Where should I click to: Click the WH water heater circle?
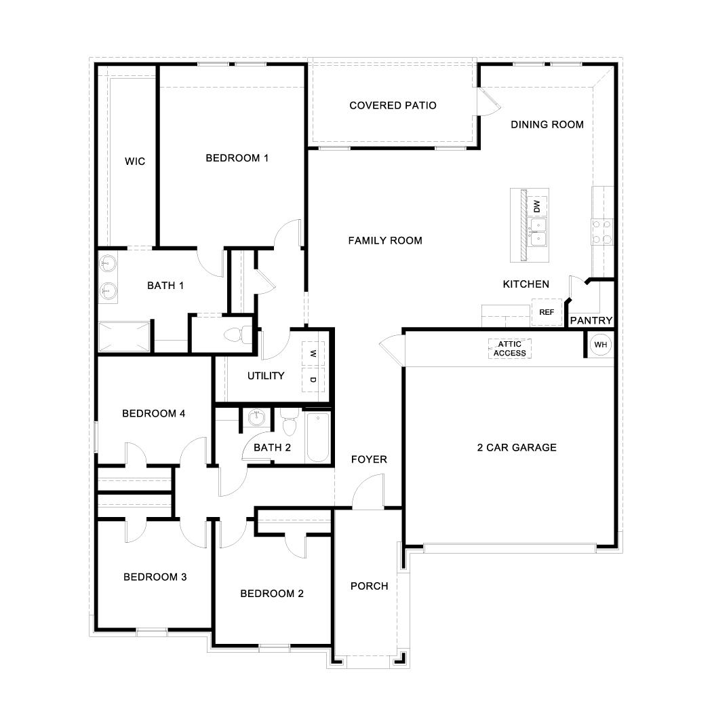[x=600, y=345]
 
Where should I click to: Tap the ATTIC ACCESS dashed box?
[x=509, y=349]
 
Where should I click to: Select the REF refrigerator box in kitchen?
[x=547, y=312]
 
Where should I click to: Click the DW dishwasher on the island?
[x=537, y=205]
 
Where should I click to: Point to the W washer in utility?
[x=313, y=354]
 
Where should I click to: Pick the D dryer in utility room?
[x=313, y=379]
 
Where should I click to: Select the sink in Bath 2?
[x=256, y=419]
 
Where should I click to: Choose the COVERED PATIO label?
[x=393, y=105]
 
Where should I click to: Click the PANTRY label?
[x=591, y=320]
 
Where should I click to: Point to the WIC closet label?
[x=135, y=161]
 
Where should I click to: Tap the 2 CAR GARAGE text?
[x=507, y=447]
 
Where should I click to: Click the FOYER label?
[x=369, y=459]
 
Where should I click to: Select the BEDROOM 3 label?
[x=155, y=577]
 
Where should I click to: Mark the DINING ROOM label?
[x=547, y=124]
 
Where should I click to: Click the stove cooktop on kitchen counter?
[x=602, y=231]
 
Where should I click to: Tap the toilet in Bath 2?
[x=290, y=423]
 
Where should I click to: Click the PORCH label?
[x=369, y=586]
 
